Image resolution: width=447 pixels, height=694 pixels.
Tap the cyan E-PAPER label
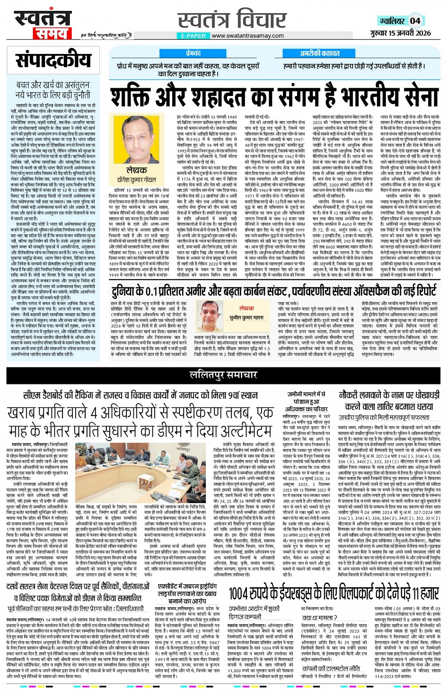pos(193,35)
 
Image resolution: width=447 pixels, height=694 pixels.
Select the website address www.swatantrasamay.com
pos(247,35)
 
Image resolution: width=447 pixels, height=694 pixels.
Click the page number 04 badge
pos(415,21)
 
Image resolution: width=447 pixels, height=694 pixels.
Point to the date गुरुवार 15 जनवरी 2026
pos(400,33)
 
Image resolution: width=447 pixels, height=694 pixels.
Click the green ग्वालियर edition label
pos(392,21)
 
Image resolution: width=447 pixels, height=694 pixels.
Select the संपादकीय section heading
pos(53,60)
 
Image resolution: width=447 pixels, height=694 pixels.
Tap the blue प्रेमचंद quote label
pos(193,53)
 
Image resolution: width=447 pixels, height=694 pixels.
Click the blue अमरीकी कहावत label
pos(319,53)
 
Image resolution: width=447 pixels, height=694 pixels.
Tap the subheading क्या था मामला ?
pos(319,617)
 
